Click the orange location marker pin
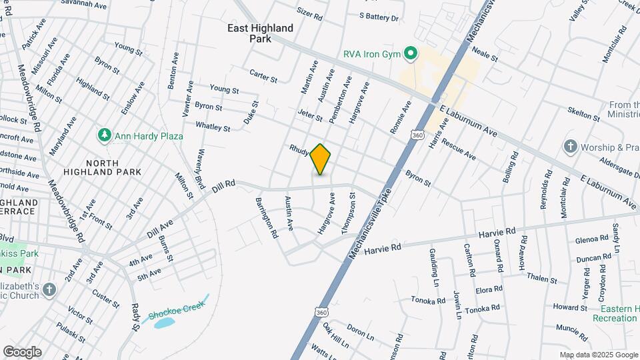tap(321, 159)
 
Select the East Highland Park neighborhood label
tap(260, 33)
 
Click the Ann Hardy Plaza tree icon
tap(104, 136)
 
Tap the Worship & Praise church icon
tap(570, 146)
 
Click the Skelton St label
tap(585, 113)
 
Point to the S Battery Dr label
tap(378, 17)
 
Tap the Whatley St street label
tap(213, 126)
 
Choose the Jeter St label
tap(310, 115)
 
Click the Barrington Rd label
tap(265, 218)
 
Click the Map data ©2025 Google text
tap(598, 355)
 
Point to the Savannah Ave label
tap(83, 5)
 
